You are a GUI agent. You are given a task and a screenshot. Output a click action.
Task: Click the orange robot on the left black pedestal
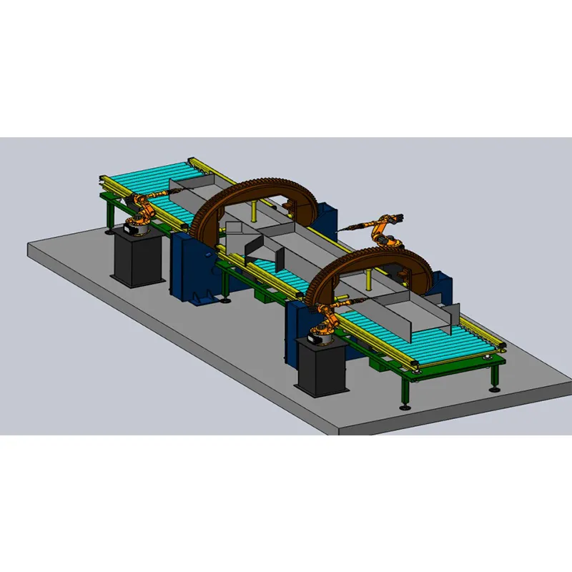(141, 212)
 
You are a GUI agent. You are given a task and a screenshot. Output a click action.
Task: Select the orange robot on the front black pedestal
(326, 318)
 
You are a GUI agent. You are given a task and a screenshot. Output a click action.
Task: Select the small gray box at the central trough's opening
(233, 230)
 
